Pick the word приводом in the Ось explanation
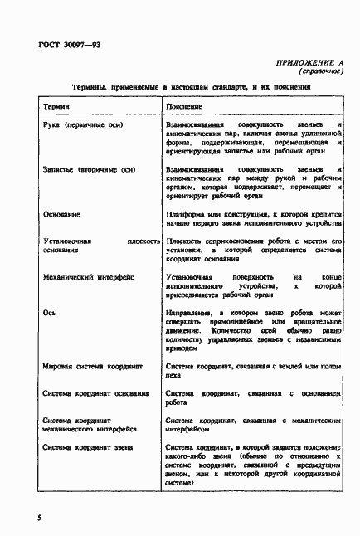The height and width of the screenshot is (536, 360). click(183, 348)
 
